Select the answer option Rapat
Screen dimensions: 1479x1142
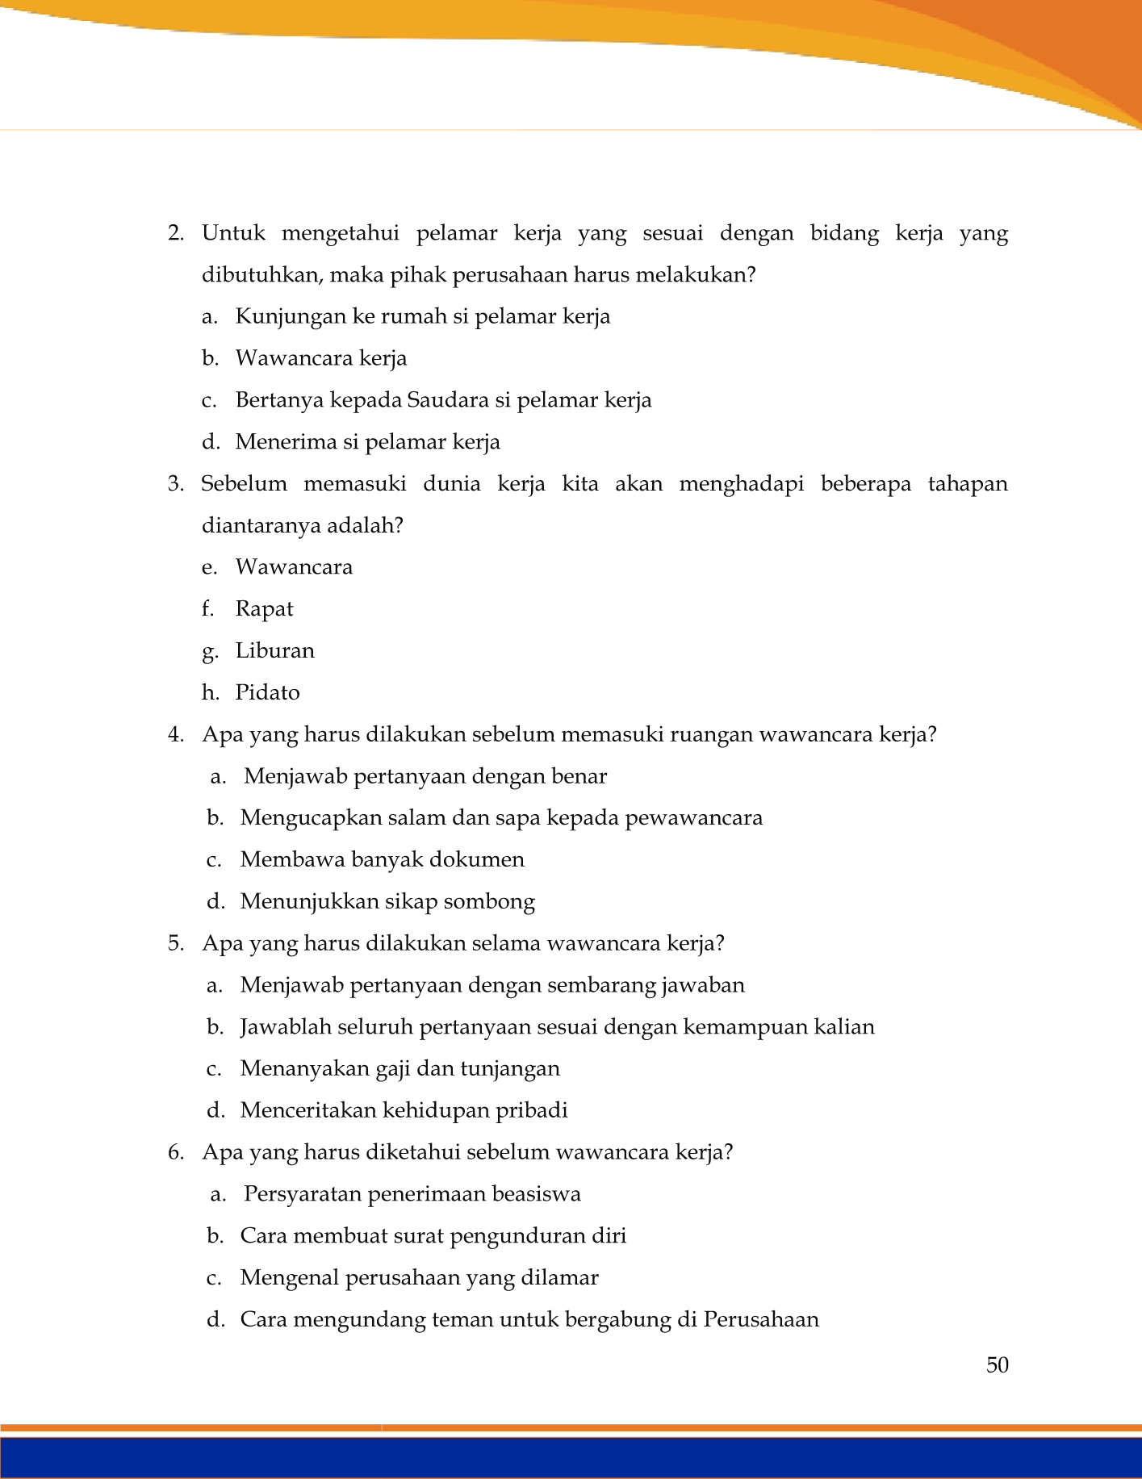[x=264, y=608]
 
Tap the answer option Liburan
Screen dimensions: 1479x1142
[x=274, y=650]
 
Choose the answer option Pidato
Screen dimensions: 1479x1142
[x=267, y=692]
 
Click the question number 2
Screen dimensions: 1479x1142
[x=176, y=234]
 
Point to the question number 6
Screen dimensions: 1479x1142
[x=176, y=1152]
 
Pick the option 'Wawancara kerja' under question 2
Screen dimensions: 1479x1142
[x=321, y=358]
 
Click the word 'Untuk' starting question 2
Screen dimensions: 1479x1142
[x=233, y=234]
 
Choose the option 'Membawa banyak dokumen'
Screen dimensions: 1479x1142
[x=382, y=859]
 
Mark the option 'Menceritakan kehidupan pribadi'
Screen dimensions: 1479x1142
[x=404, y=1110]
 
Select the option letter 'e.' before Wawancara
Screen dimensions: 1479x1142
[x=210, y=567]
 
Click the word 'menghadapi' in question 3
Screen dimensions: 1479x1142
[x=741, y=484]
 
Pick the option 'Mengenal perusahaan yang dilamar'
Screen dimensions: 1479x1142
[x=419, y=1278]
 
